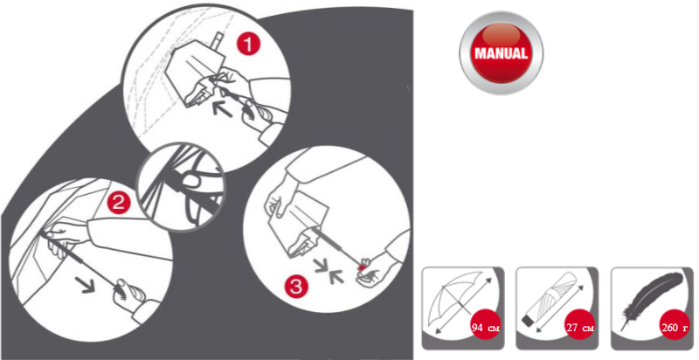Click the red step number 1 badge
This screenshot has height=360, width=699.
[x=247, y=45]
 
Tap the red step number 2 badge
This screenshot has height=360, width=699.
[x=118, y=204]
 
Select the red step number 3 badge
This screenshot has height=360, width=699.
[x=296, y=285]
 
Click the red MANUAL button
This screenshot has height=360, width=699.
[x=501, y=53]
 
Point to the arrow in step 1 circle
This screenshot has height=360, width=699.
[x=222, y=108]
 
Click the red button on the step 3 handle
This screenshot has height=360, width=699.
[x=362, y=267]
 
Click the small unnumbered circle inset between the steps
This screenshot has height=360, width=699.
[x=180, y=187]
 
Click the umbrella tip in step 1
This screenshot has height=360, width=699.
[x=218, y=39]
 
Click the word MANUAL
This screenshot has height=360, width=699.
[x=501, y=53]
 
